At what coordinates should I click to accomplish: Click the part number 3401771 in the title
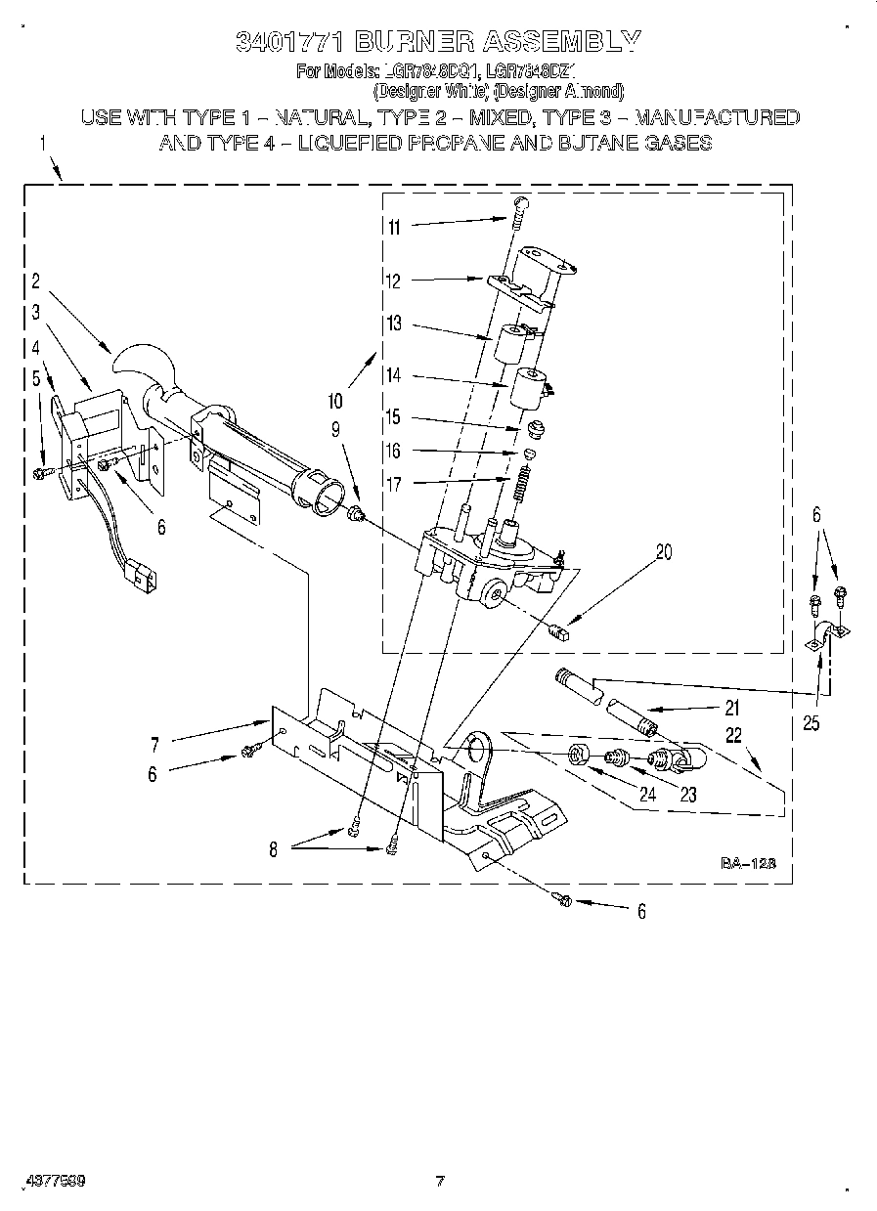point(288,41)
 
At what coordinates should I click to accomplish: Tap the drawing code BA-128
point(748,863)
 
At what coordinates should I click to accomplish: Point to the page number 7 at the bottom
point(440,1182)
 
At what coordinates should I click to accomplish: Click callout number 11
point(394,228)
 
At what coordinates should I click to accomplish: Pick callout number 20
point(664,552)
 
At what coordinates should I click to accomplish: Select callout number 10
point(335,400)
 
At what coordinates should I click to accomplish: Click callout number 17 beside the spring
point(393,483)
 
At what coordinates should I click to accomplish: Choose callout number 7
point(154,745)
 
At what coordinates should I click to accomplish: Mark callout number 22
point(733,735)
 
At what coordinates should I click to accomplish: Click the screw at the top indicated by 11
point(519,204)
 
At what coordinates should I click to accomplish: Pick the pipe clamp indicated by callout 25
point(823,638)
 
